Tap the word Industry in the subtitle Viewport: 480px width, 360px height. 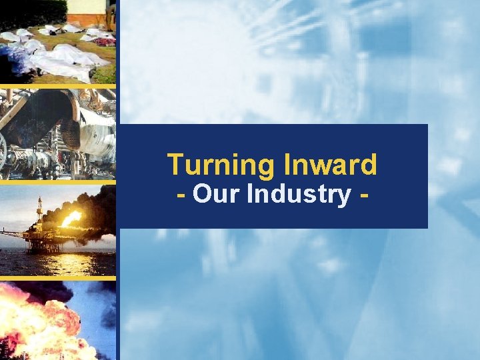click(x=298, y=195)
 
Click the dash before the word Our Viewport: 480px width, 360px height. click(x=181, y=195)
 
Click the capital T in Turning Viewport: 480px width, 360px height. click(x=174, y=164)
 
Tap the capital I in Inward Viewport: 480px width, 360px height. click(x=288, y=164)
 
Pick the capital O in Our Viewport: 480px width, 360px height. click(x=202, y=195)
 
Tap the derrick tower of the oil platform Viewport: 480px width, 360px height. click(x=39, y=211)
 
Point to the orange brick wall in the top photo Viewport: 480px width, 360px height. click(x=87, y=19)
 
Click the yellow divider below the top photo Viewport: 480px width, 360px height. click(x=57, y=86)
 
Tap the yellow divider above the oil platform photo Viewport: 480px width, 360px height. click(x=57, y=182)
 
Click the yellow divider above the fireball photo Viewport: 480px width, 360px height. click(x=57, y=278)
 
